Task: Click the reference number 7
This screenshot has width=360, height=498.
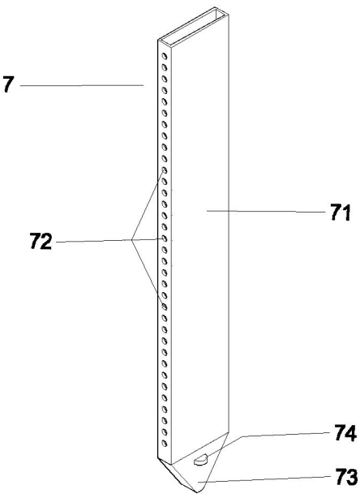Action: pos(9,84)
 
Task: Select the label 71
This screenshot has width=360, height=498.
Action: pos(341,213)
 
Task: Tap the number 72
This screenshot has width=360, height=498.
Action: pos(41,241)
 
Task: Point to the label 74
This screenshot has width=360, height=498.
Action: pos(345,433)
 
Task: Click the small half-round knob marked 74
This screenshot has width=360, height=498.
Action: pos(200,459)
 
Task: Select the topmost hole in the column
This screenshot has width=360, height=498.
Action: pos(165,56)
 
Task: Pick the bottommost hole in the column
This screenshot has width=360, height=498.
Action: pos(165,443)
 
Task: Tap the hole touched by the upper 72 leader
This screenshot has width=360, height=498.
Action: pos(165,170)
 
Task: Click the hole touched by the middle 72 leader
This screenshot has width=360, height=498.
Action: pos(165,238)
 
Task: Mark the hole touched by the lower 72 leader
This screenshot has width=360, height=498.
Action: pos(165,307)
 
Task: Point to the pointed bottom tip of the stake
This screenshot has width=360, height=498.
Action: pos(197,492)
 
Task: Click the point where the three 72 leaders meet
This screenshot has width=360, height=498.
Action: pos(131,240)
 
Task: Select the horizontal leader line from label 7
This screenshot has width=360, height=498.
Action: pos(82,85)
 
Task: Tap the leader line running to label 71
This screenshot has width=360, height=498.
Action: pos(266,211)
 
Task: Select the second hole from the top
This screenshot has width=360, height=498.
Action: pos(165,67)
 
